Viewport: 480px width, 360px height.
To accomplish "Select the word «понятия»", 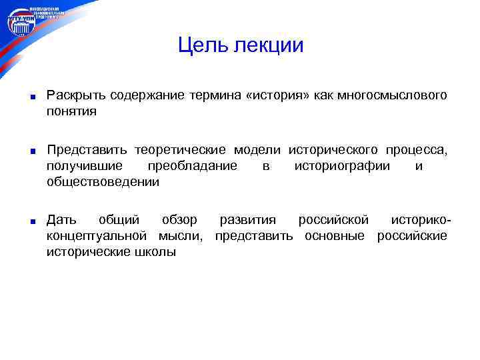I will click(71, 112).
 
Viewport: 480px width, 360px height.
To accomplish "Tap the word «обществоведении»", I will click(103, 182).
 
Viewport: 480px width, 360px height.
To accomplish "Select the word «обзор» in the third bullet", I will click(179, 220).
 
